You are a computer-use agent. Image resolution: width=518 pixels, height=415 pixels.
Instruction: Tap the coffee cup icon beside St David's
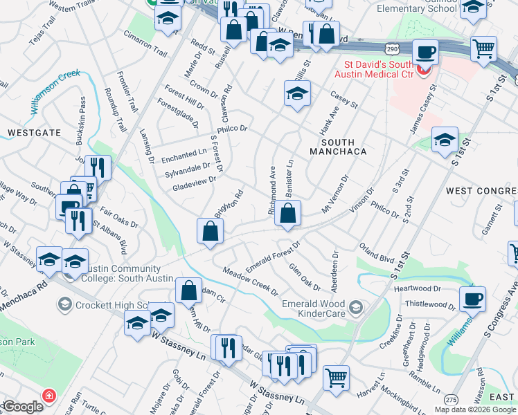(425, 52)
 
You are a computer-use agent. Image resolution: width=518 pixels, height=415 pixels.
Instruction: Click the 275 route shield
(452, 400)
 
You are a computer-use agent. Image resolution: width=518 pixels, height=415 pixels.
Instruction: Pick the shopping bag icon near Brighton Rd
(210, 232)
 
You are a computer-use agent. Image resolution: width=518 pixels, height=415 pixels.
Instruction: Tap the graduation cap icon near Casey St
(297, 93)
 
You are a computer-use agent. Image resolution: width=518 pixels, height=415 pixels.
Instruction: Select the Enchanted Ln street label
(184, 156)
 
